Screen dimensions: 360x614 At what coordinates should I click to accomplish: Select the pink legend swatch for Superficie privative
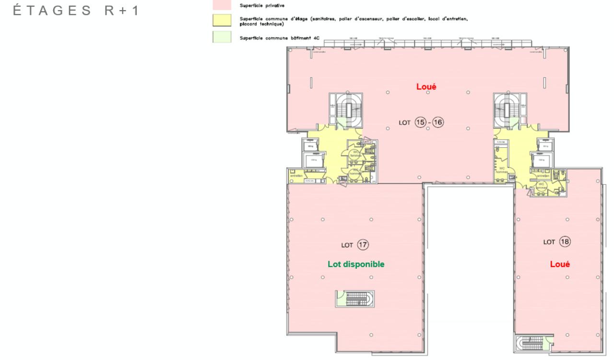(x=222, y=6)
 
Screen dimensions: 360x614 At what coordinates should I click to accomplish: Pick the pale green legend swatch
(x=222, y=37)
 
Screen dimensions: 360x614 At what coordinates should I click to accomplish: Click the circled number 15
(x=420, y=122)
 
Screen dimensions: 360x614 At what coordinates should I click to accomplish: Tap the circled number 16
(x=438, y=122)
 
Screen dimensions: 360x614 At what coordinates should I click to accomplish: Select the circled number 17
(x=363, y=245)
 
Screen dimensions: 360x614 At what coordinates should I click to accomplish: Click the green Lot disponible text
(x=356, y=264)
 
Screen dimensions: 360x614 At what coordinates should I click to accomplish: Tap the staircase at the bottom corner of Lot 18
(x=532, y=343)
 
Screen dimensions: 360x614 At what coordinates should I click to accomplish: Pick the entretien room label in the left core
(x=296, y=176)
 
